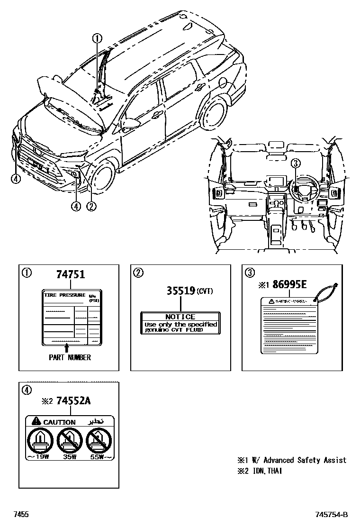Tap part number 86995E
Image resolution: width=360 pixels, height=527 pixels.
tap(289, 285)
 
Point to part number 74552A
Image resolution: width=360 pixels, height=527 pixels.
tap(73, 401)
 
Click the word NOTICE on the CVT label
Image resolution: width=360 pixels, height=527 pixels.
tap(180, 317)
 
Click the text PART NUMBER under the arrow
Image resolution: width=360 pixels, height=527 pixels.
tap(70, 357)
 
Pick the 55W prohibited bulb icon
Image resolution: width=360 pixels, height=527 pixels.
tap(99, 440)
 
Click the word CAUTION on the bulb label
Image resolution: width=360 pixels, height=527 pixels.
tap(59, 422)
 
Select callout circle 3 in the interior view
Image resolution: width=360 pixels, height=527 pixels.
tap(295, 164)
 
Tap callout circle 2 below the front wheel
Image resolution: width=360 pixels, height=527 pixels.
tap(91, 206)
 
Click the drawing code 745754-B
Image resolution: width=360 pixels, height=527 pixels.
tap(332, 515)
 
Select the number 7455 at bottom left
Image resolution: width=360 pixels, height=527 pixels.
tap(21, 515)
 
